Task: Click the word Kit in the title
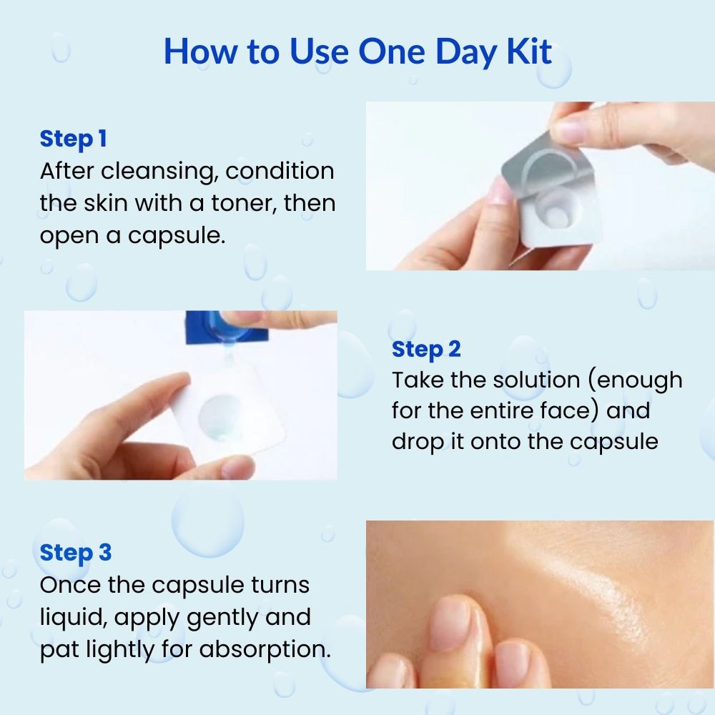[529, 51]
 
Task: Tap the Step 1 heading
[74, 139]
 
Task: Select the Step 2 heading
[426, 350]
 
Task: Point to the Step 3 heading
[76, 553]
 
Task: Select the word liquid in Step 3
[74, 618]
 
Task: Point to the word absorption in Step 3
[265, 649]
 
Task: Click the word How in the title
[200, 51]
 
